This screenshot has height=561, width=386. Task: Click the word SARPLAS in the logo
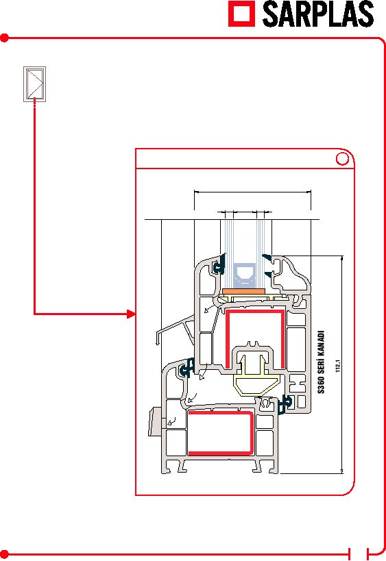tap(318, 14)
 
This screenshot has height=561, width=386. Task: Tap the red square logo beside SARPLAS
tap(242, 14)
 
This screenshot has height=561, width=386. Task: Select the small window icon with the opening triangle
tap(34, 84)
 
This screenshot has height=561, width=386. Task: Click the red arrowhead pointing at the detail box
tap(132, 314)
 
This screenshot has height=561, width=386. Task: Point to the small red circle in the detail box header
tap(342, 158)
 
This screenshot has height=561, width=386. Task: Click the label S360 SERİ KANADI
tap(321, 362)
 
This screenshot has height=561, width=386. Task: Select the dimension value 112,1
tap(337, 366)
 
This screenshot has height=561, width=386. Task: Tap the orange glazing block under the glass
tap(244, 292)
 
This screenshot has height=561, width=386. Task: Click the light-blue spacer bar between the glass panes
tap(245, 276)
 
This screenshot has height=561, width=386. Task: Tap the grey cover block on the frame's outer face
tap(155, 421)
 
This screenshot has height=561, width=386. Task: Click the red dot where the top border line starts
tap(4, 38)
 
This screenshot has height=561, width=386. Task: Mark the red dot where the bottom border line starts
tap(4, 555)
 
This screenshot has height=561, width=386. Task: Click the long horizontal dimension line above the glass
tap(252, 192)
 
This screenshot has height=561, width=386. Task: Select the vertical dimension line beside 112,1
tap(342, 364)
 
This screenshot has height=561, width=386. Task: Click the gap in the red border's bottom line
tap(359, 555)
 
